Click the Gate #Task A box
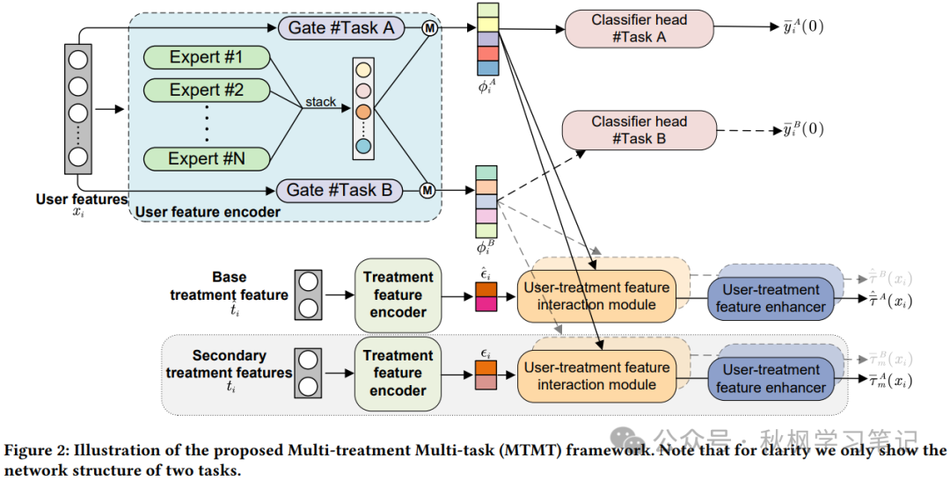point(341,28)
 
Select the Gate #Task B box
point(340,190)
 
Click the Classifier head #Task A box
point(639,29)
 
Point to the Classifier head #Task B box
point(639,130)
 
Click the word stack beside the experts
point(320,102)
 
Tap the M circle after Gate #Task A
point(427,28)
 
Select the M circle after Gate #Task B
point(427,190)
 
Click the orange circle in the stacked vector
point(363,113)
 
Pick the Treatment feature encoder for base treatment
point(398,295)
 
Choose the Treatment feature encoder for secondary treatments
point(398,374)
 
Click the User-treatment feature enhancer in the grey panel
point(771,378)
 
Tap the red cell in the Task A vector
point(488,54)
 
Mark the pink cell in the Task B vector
point(486,215)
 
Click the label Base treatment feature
point(230,287)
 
